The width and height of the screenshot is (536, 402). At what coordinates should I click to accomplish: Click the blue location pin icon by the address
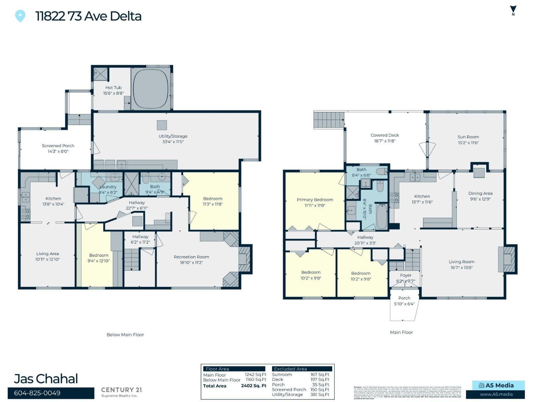[x=20, y=16]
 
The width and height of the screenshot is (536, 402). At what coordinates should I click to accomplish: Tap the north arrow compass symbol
[x=513, y=11]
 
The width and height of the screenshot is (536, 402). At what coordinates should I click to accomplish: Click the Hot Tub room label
[x=113, y=90]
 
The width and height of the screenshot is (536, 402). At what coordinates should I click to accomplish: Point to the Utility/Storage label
[x=173, y=139]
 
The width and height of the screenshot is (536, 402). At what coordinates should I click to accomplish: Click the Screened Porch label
[x=58, y=148]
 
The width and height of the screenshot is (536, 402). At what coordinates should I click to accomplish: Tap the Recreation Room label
[x=191, y=260]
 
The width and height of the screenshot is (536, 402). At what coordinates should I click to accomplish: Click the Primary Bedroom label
[x=315, y=202]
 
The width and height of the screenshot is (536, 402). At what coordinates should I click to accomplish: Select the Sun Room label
[x=468, y=139]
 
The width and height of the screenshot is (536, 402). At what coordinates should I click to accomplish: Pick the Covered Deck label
[x=385, y=138]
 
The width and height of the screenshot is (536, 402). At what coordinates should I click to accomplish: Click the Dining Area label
[x=480, y=196]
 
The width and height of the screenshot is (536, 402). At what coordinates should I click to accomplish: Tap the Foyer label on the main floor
[x=405, y=278]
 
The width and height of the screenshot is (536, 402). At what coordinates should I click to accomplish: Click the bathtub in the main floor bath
[x=382, y=216]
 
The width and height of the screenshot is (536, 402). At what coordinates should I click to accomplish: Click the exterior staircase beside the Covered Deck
[x=329, y=120]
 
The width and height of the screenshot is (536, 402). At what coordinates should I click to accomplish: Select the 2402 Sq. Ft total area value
[x=254, y=386]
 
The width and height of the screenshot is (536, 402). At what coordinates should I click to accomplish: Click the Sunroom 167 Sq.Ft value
[x=320, y=375]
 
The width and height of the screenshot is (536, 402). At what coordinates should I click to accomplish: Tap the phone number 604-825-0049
[x=37, y=393]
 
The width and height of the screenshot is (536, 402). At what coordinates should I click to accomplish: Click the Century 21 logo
[x=122, y=392]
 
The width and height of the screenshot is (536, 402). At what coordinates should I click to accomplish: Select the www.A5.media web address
[x=496, y=394]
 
